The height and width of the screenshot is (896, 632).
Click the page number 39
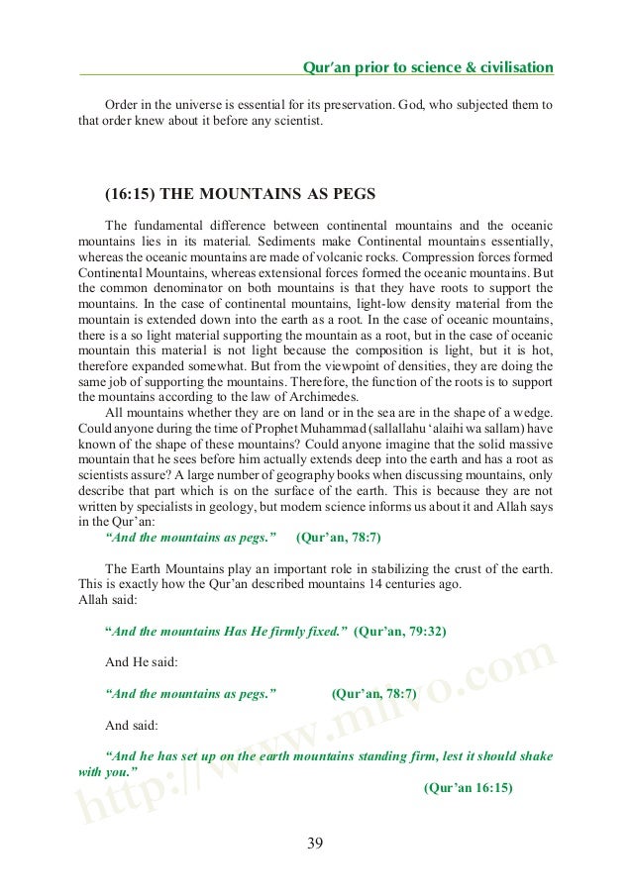pyautogui.click(x=315, y=843)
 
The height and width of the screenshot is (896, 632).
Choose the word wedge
pyautogui.click(x=532, y=412)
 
